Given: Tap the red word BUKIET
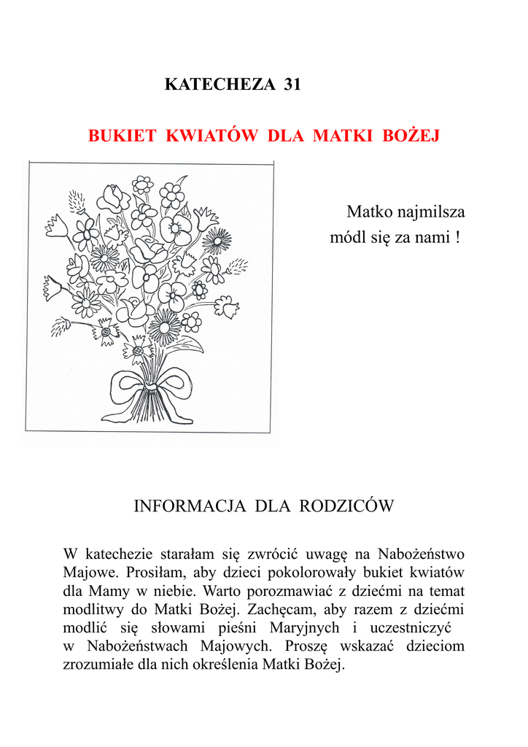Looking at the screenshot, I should [123, 136].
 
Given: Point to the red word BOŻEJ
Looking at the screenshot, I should [411, 136].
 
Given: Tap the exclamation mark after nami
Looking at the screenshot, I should [457, 238].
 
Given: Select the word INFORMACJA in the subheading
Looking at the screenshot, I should [190, 506].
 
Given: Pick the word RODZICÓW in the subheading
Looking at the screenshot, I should [345, 506].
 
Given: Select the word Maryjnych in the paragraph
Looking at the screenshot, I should [305, 627].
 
